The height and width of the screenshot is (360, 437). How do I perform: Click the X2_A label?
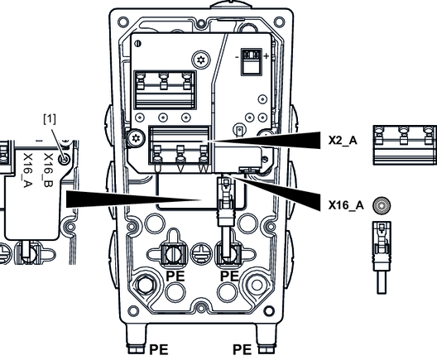[343, 140]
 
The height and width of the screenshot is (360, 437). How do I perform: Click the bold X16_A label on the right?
[346, 205]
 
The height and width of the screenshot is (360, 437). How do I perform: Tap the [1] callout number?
[50, 119]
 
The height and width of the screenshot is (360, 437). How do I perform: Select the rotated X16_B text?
[48, 170]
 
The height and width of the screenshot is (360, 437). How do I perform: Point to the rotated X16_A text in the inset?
[28, 170]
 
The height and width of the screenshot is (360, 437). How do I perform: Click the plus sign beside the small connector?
[267, 56]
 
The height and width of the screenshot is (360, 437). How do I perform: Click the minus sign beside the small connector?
[237, 57]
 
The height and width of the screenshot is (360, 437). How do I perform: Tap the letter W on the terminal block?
[204, 169]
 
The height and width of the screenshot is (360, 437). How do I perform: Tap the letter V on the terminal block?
[181, 169]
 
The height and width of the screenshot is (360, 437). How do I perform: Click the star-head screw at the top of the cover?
[200, 60]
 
